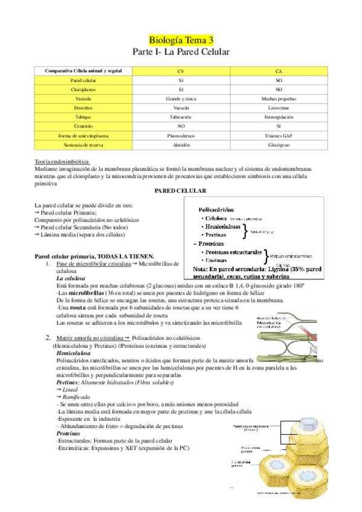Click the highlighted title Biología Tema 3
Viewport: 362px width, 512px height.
pyautogui.click(x=181, y=40)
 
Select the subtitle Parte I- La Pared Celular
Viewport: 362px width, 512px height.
pyautogui.click(x=181, y=53)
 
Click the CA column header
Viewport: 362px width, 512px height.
pyautogui.click(x=278, y=71)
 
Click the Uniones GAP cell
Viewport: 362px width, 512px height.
pyautogui.click(x=278, y=136)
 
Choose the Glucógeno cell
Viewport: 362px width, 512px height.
pyautogui.click(x=278, y=145)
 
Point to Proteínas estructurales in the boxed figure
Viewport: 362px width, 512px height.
pyautogui.click(x=234, y=252)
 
